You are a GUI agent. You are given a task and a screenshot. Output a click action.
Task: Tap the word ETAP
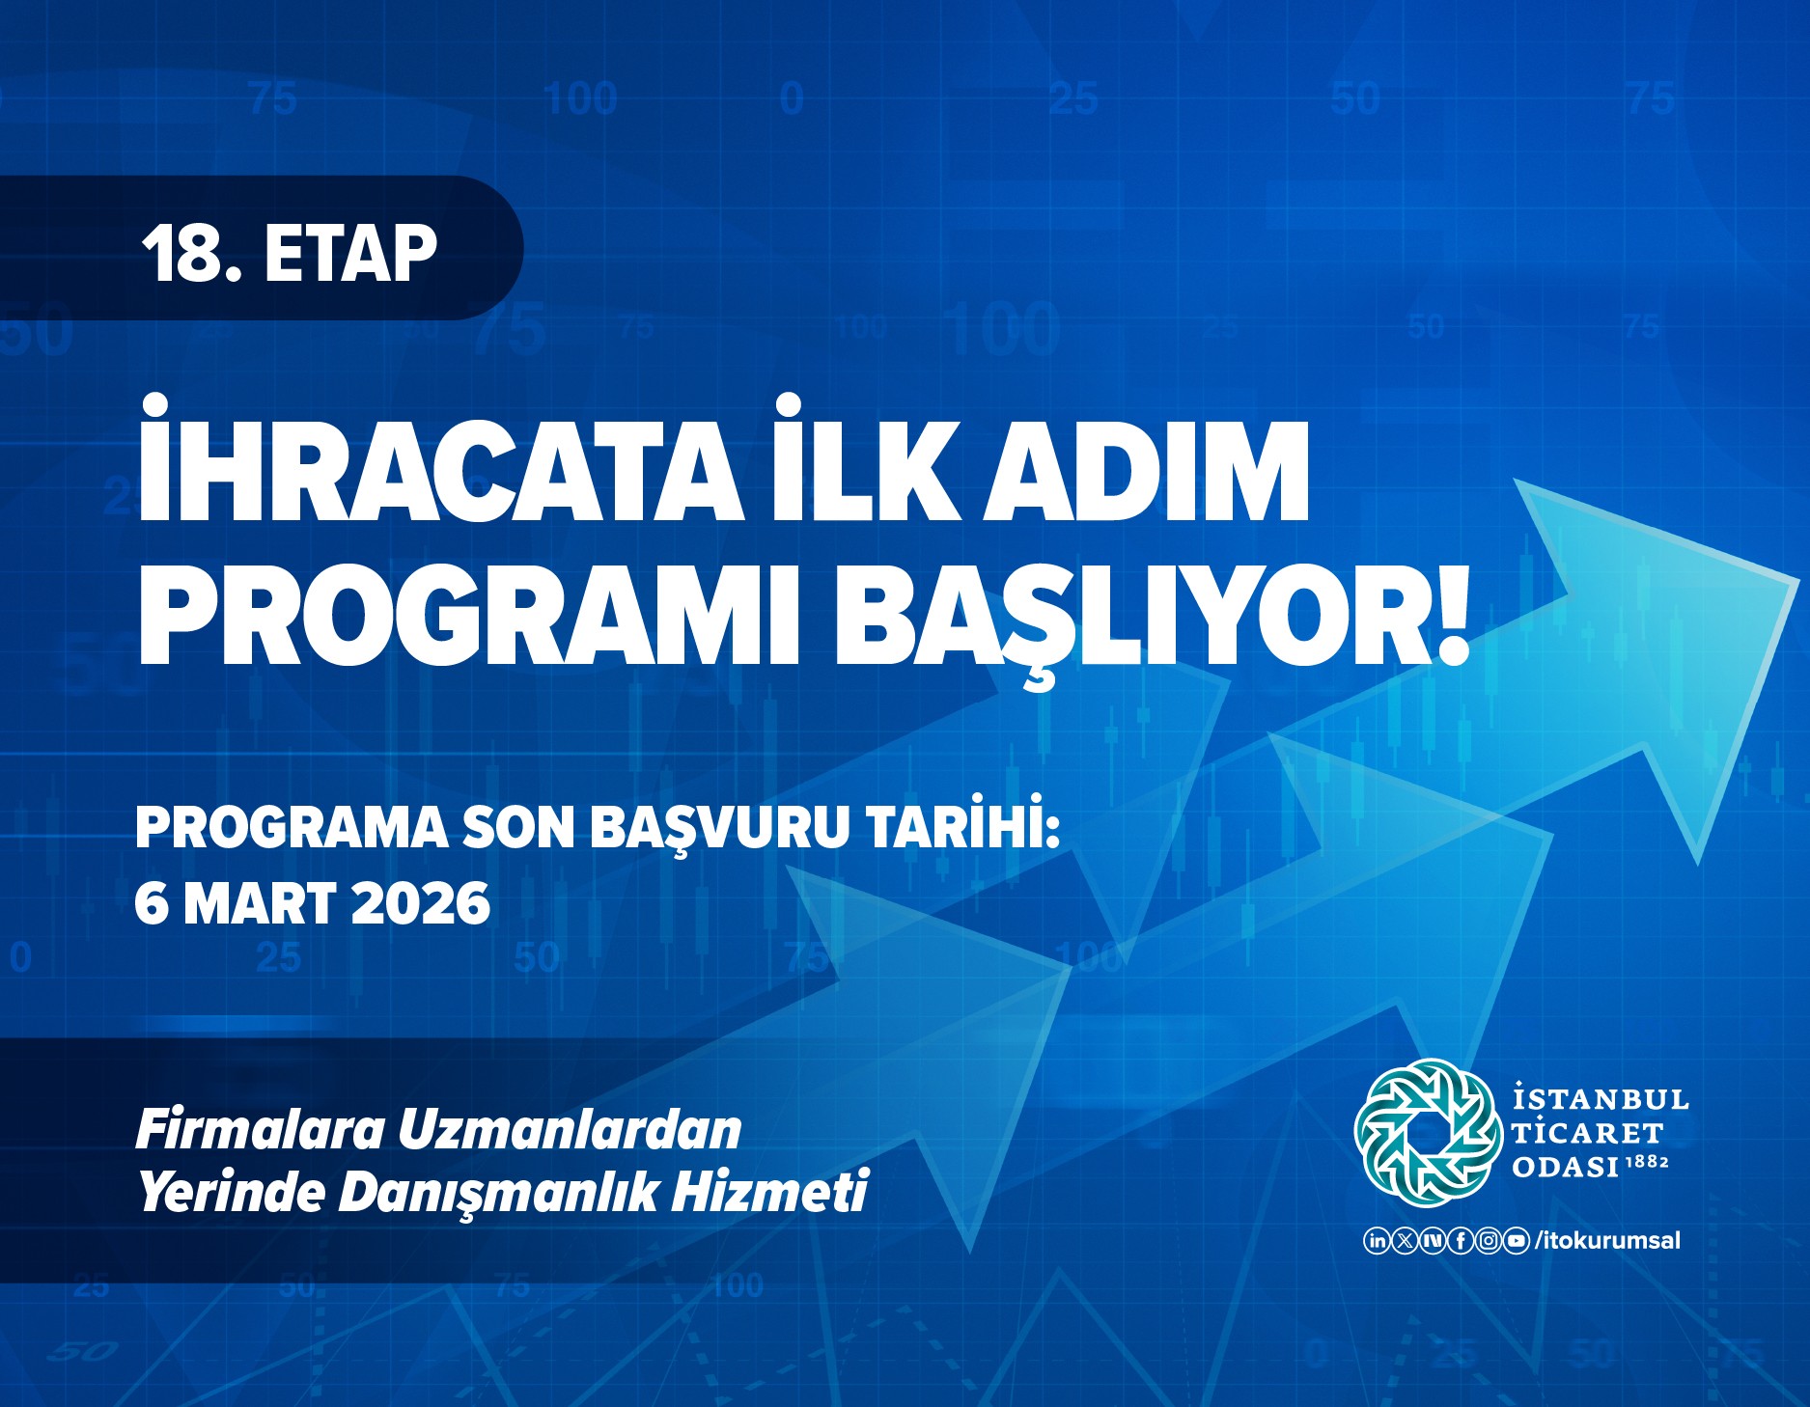(x=350, y=254)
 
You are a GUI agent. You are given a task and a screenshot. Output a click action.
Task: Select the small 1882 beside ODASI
(x=1648, y=1162)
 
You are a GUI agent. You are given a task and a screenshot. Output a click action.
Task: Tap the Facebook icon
(x=1462, y=1241)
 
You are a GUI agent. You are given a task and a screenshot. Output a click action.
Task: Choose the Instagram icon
(x=1490, y=1241)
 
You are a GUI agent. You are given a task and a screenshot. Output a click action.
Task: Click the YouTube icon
(x=1518, y=1241)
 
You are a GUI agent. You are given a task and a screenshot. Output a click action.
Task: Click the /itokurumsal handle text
(x=1607, y=1241)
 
